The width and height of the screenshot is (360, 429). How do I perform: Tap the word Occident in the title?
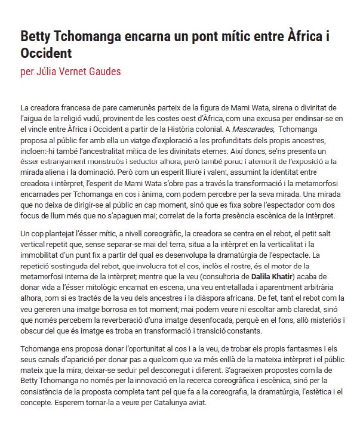pos(46,53)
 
